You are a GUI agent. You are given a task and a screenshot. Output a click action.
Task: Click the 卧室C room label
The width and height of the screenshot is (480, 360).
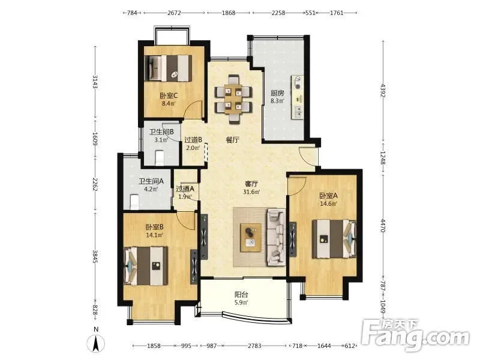169,95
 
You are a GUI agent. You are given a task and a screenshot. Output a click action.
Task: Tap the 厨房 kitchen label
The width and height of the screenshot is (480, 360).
277,93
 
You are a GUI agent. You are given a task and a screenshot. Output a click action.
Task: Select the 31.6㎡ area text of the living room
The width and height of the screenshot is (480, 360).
251,192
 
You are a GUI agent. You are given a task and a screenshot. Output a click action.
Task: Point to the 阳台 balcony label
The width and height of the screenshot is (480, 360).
241,295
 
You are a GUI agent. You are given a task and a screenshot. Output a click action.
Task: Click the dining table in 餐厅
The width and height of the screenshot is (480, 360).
233,99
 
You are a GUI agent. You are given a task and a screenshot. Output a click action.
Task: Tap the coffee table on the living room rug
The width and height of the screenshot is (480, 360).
251,238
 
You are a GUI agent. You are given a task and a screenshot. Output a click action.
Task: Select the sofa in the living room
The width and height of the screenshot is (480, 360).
276,236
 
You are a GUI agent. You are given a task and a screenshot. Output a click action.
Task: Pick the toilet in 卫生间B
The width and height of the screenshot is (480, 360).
160,158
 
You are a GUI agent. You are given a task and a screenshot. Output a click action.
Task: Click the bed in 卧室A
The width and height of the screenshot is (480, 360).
334,238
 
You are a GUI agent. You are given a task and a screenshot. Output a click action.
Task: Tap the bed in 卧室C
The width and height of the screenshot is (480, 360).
168,68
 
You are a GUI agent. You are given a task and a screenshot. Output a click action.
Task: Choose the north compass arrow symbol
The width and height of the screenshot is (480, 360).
96,343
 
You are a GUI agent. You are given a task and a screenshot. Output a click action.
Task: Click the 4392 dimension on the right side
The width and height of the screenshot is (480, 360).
383,90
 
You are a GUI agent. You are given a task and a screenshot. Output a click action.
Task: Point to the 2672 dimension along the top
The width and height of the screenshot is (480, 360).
174,13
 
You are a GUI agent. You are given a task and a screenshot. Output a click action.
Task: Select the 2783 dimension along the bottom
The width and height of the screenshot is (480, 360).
254,346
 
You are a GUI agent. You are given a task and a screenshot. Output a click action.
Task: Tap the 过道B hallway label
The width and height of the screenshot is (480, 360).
193,140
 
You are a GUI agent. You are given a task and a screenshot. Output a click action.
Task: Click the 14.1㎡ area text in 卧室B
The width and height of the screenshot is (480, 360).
155,235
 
